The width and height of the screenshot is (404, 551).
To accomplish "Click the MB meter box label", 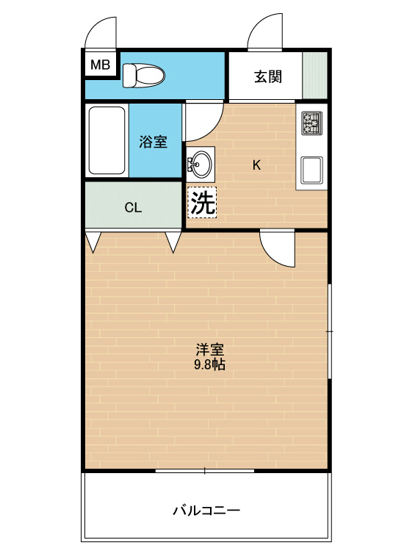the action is tap(100, 65).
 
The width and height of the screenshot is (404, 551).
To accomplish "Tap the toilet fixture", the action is tap(143, 75).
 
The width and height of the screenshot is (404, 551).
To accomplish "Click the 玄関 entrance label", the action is tap(268, 76).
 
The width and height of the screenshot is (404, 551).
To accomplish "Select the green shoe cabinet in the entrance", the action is tap(315, 75).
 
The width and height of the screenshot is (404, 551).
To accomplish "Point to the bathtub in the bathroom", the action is tap(107, 140).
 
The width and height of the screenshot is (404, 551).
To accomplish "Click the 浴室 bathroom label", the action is tap(154, 142).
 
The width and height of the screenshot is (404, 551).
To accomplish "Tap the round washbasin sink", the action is tap(201, 164).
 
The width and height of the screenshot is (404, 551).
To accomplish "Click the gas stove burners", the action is tap(312, 123).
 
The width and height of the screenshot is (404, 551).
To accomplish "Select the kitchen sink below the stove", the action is tap(311, 170).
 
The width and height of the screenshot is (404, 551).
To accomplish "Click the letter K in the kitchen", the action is tap(257, 165).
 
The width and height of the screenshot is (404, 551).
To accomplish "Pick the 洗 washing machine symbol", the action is tap(202, 202).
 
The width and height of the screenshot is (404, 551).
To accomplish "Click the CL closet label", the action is tap(133, 208).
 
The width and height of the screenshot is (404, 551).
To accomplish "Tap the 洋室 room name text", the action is tap(210, 349).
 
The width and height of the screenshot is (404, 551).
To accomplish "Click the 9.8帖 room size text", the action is tap(210, 364).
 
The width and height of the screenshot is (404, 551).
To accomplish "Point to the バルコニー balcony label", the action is tap(206, 510).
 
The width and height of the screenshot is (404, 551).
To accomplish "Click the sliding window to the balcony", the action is tap(205, 470).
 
